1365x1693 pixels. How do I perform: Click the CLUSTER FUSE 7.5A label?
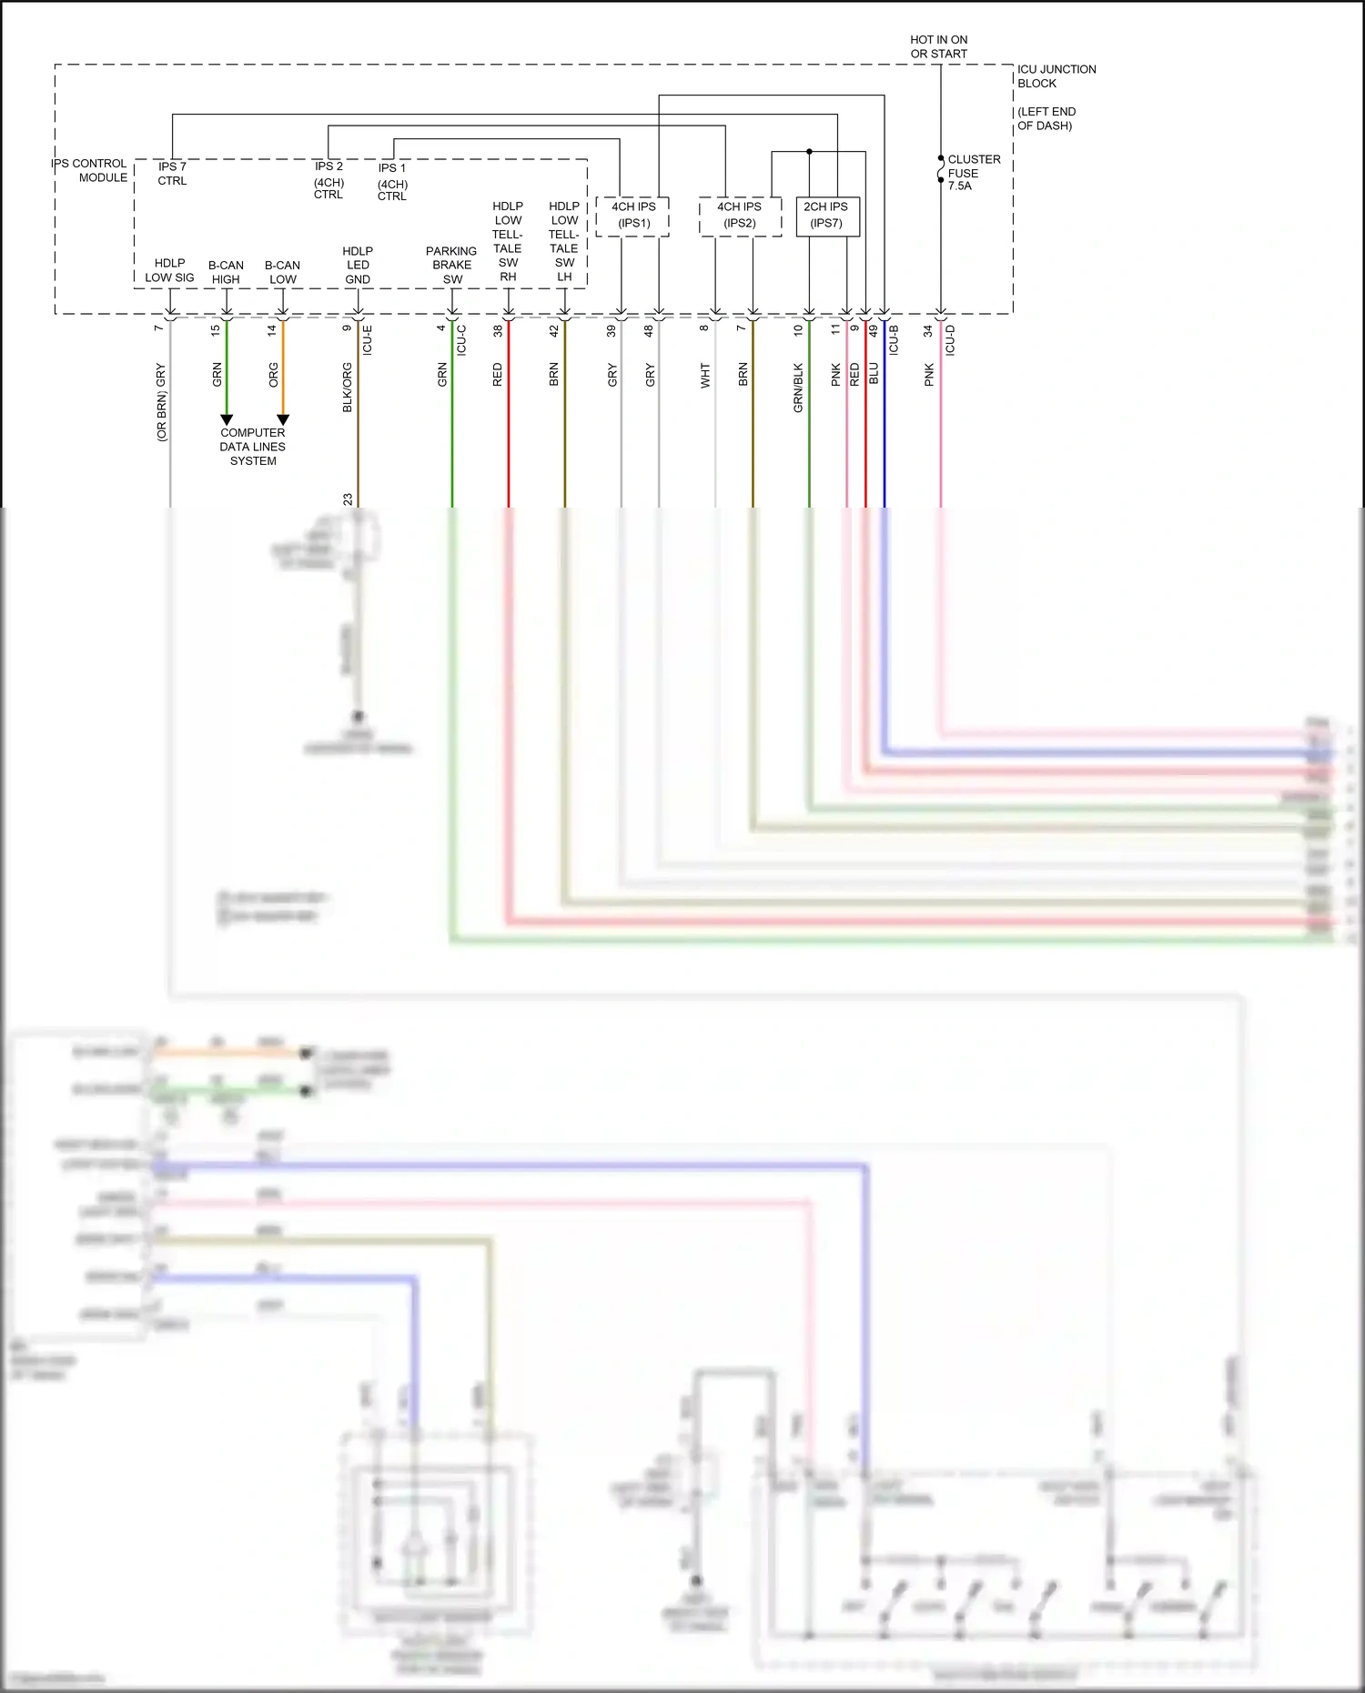pos(973,172)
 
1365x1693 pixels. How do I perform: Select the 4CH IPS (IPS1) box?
pos(632,216)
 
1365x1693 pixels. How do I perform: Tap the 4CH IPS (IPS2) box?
pos(739,216)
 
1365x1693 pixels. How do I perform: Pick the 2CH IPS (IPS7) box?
pos(826,216)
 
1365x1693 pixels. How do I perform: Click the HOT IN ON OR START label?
pos(938,46)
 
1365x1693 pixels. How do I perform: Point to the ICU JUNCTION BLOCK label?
pos(1056,76)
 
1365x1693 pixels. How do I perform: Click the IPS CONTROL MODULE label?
pos(90,170)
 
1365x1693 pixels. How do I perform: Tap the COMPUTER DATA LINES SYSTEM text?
pos(252,447)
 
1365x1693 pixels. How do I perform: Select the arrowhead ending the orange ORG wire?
pos(283,419)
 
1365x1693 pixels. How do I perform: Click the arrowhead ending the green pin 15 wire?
pos(227,419)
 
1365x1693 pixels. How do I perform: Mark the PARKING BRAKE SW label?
pos(451,265)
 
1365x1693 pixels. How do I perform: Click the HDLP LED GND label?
pos(358,265)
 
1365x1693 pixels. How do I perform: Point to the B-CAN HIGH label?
pos(226,272)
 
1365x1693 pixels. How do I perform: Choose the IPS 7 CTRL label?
pos(172,173)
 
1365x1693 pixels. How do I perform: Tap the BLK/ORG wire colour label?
pos(347,388)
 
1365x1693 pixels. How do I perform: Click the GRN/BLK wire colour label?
pos(798,388)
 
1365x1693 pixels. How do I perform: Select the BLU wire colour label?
pos(874,373)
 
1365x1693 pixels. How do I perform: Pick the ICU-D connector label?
pos(950,339)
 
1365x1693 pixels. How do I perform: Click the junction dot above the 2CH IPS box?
pos(809,152)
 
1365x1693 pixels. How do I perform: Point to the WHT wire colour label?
pos(705,376)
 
